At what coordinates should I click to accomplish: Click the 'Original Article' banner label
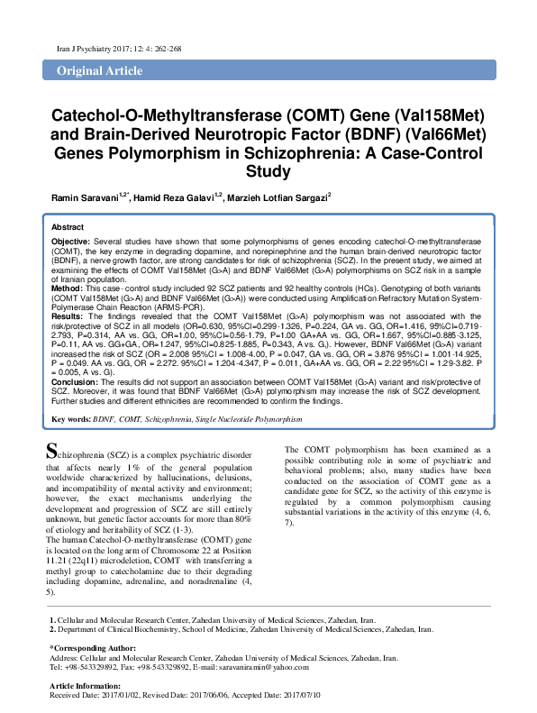coord(92,70)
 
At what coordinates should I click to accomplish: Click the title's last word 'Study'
coord(268,170)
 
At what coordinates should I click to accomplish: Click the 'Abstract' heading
coord(68,228)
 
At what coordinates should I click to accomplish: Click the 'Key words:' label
coord(70,420)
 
